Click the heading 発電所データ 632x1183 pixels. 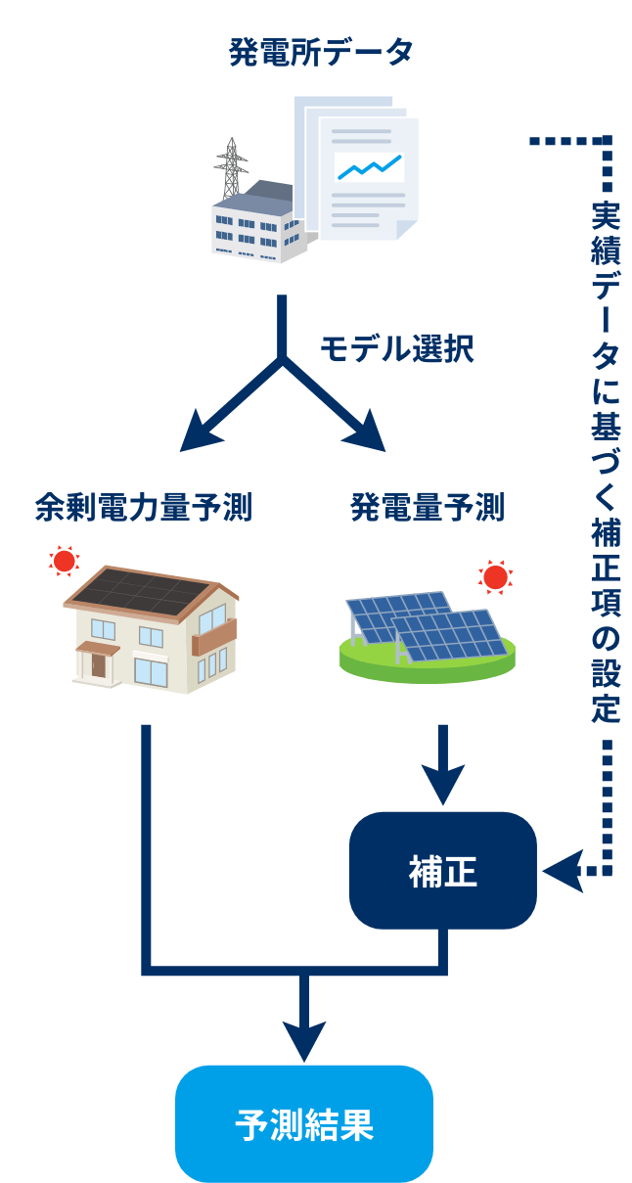[x=321, y=52]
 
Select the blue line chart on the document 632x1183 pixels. [x=368, y=168]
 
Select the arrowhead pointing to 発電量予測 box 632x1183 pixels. [x=365, y=430]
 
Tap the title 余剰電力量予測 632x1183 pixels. [x=143, y=508]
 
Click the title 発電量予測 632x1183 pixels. [x=428, y=508]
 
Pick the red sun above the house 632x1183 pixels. [x=65, y=561]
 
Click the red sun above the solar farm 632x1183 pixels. [x=495, y=576]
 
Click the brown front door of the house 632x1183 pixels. [x=98, y=664]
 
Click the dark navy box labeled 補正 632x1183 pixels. [x=443, y=870]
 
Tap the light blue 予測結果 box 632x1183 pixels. [x=304, y=1123]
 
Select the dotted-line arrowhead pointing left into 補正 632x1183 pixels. [x=560, y=869]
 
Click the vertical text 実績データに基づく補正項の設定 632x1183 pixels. [x=607, y=460]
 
